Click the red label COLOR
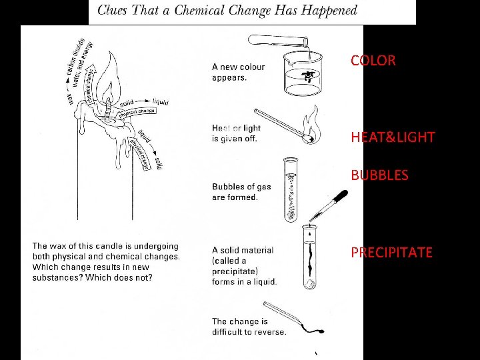[x=373, y=61]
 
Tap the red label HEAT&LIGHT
[x=393, y=138]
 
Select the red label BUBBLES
[x=379, y=176]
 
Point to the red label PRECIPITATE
[x=391, y=253]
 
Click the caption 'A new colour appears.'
[x=238, y=72]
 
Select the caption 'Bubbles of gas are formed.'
[x=241, y=192]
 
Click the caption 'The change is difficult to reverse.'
[x=249, y=327]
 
